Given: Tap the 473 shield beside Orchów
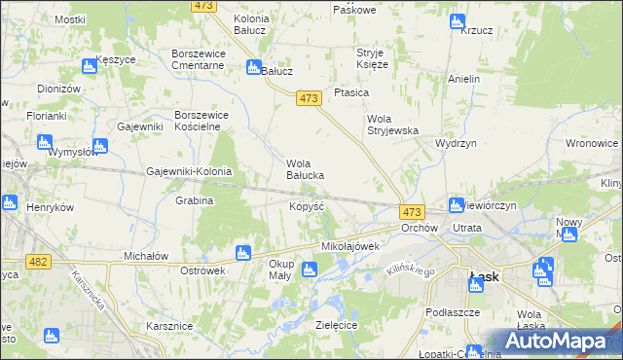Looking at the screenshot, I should [x=412, y=212].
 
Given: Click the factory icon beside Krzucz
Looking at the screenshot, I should [x=458, y=21].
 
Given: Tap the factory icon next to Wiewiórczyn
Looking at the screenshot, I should [x=456, y=205].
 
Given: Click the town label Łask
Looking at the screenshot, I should [x=484, y=276].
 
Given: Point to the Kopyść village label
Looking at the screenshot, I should [x=307, y=207].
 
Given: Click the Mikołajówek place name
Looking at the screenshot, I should [x=349, y=246].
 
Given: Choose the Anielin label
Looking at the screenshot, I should [x=464, y=78].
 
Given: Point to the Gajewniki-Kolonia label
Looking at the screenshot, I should [x=189, y=172].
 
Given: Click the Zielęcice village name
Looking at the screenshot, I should [x=336, y=324].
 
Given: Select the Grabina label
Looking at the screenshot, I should [x=195, y=200].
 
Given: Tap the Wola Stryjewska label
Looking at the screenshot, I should [x=392, y=125].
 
